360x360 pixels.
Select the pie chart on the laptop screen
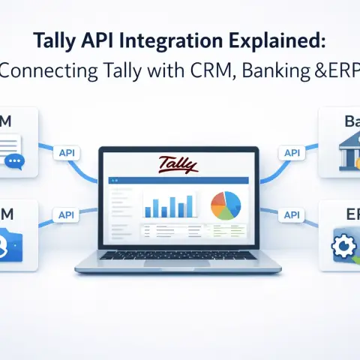point(226,205)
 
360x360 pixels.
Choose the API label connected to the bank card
point(291,152)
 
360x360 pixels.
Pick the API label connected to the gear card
point(291,215)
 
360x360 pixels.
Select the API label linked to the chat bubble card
point(67,152)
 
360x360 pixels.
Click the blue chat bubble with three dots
point(13,160)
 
